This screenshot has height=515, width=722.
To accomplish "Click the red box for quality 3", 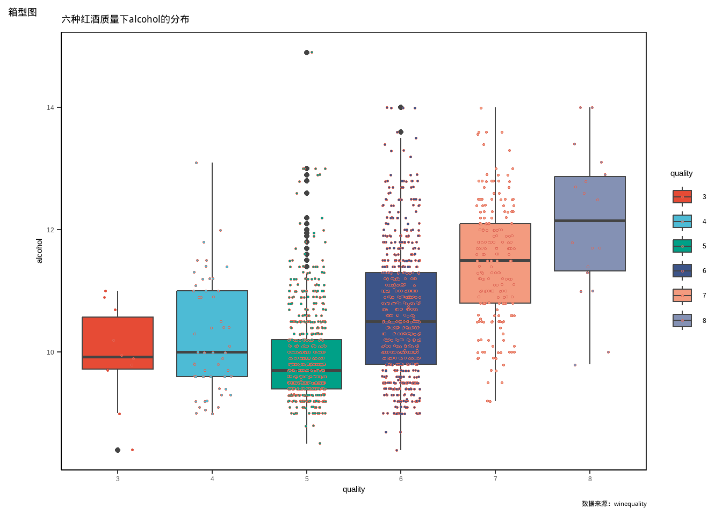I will tap(118, 338).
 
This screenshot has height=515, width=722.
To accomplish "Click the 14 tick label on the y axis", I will tap(50, 108).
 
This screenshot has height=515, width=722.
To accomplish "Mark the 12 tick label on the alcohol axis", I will tap(50, 230).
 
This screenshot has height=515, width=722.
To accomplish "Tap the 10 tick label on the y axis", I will tap(50, 352).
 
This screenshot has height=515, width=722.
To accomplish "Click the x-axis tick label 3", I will tap(118, 479).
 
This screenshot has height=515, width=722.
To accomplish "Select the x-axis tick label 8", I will tap(590, 479).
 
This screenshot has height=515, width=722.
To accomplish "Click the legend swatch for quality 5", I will tap(682, 246).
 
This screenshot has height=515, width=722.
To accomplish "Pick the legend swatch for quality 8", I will tap(682, 321).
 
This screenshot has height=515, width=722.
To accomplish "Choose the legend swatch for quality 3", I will tap(682, 197).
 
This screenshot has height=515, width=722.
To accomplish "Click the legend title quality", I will tap(681, 173).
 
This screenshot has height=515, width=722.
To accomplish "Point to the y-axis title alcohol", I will tap(39, 251).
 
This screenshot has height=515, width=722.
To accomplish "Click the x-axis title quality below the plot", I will tap(353, 489).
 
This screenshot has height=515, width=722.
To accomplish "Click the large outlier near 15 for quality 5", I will tap(307, 53).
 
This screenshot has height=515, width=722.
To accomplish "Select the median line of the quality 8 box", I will tap(590, 220).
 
